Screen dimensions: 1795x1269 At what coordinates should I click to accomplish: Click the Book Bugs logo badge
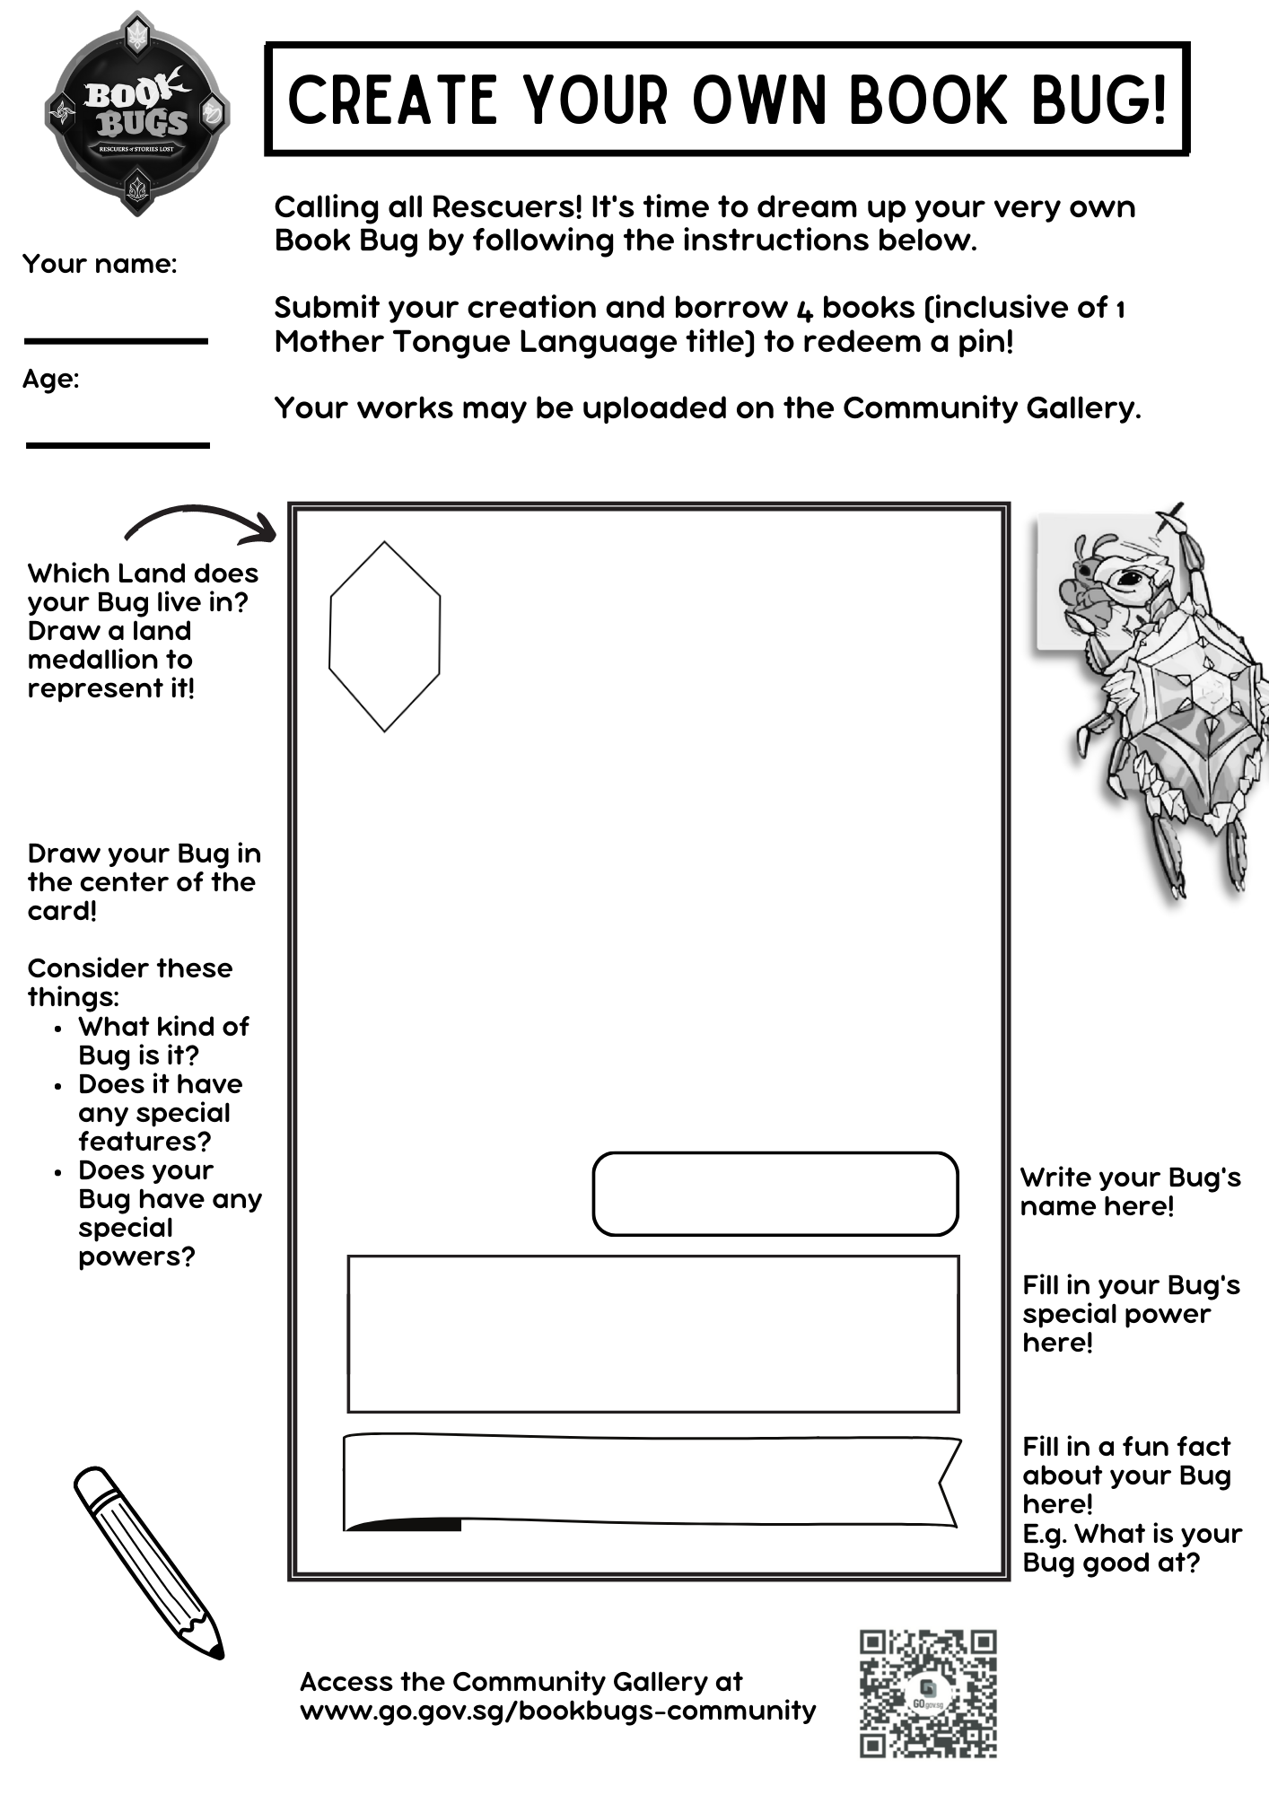click(x=137, y=114)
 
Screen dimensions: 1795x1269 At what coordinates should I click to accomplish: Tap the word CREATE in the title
click(x=392, y=100)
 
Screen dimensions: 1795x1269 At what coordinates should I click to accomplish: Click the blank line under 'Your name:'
click(x=116, y=341)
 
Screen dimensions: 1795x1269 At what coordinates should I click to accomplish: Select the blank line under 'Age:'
click(x=118, y=445)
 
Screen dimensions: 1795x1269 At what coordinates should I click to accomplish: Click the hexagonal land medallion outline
click(x=385, y=636)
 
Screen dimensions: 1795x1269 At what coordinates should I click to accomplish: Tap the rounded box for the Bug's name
click(x=775, y=1194)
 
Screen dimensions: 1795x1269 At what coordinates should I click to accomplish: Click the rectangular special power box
click(x=653, y=1334)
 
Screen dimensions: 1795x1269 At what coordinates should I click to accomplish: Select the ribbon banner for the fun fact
click(x=652, y=1482)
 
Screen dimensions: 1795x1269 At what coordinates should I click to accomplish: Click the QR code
click(x=928, y=1694)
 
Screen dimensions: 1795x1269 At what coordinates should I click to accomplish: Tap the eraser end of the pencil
click(x=90, y=1483)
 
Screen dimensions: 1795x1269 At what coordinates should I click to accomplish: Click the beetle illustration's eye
click(x=1127, y=579)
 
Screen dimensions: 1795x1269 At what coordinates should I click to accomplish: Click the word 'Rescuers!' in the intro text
click(x=507, y=207)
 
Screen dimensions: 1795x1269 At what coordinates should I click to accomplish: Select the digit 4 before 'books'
click(x=804, y=309)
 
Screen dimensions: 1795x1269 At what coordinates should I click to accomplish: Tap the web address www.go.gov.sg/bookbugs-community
click(x=557, y=1711)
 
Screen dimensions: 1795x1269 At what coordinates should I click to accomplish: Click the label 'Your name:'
click(x=100, y=264)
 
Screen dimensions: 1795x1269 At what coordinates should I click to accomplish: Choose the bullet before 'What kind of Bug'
click(x=58, y=1029)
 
